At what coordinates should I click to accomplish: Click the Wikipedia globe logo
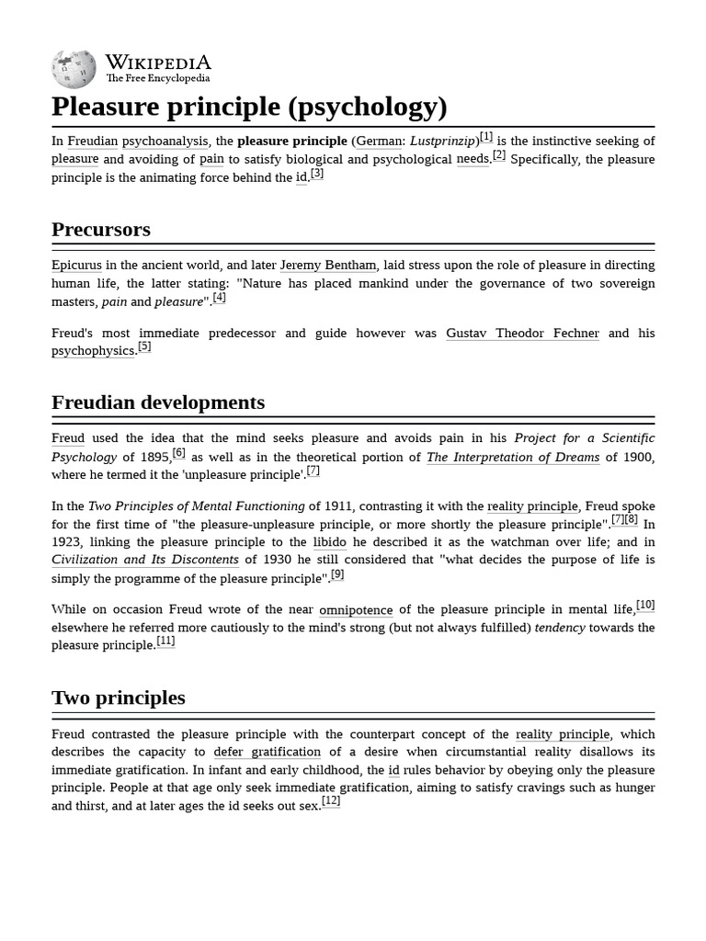[74, 69]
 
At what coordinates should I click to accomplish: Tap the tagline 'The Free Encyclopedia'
[157, 79]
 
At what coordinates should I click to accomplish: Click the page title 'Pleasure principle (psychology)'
[249, 107]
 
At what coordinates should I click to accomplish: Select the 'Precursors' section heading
[101, 229]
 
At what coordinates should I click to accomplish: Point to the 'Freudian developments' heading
[158, 402]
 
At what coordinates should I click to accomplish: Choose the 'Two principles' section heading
[119, 697]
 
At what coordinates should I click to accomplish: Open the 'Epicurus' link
[76, 265]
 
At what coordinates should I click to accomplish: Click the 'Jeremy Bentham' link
[328, 265]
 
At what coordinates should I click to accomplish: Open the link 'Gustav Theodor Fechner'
[522, 333]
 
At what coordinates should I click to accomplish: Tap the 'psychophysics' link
[94, 351]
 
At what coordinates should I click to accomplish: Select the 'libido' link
[330, 541]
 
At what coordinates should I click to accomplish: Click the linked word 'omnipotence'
[356, 609]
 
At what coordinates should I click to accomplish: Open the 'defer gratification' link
[268, 752]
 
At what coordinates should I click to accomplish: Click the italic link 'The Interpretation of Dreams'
[513, 457]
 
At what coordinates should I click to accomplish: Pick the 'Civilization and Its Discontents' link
[145, 559]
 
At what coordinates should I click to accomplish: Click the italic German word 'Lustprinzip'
[442, 141]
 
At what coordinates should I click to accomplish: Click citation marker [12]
[331, 801]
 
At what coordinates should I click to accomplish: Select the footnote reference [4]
[219, 298]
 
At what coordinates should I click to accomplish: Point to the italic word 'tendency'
[560, 627]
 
